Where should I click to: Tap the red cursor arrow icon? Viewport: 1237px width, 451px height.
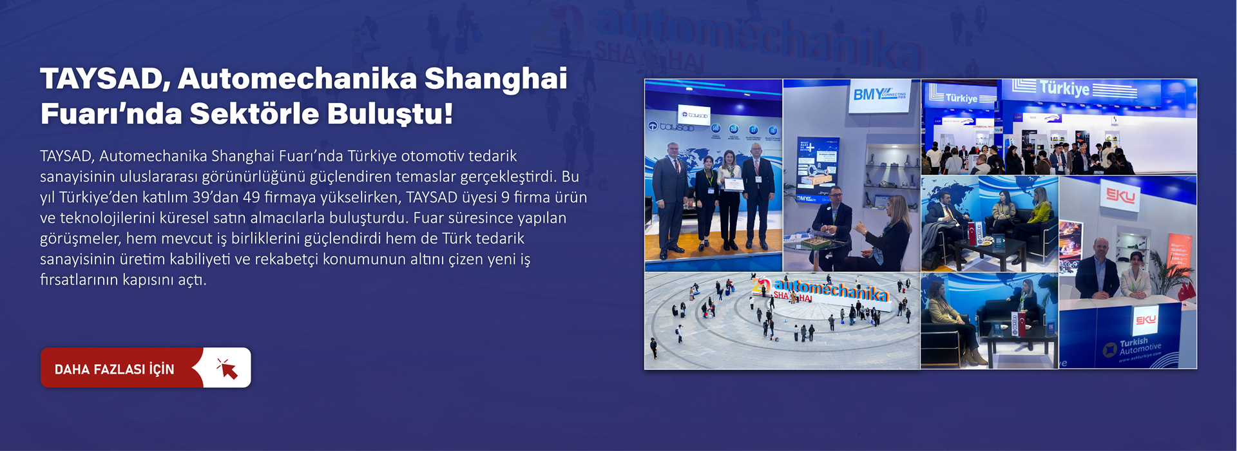(227, 369)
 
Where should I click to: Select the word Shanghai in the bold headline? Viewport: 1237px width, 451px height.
(495, 79)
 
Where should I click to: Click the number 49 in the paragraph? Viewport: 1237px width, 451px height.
(251, 197)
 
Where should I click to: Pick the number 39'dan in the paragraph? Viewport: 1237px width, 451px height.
(215, 197)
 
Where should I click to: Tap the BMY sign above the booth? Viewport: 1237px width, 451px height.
(879, 95)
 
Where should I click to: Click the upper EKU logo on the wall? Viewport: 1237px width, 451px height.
(1121, 196)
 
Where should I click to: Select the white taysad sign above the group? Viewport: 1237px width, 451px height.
(694, 115)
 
